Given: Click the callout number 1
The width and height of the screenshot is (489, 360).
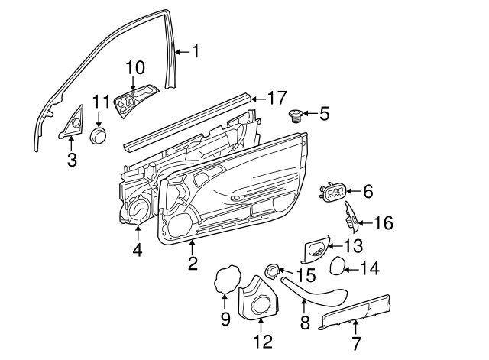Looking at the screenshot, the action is pyautogui.click(x=196, y=51).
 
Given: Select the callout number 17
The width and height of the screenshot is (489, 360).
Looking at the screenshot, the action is pyautogui.click(x=277, y=98).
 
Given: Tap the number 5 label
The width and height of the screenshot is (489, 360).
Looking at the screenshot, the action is pyautogui.click(x=324, y=114).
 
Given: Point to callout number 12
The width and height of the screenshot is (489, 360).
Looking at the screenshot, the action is pyautogui.click(x=263, y=341).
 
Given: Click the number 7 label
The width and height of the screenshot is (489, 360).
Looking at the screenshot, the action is pyautogui.click(x=356, y=343).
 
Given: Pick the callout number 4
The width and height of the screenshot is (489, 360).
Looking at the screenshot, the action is pyautogui.click(x=138, y=250).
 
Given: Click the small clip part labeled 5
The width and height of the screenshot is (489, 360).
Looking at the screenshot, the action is pyautogui.click(x=295, y=116).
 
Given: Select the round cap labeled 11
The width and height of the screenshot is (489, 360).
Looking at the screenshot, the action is pyautogui.click(x=99, y=135).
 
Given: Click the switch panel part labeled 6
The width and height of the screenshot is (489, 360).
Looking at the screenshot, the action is pyautogui.click(x=332, y=192).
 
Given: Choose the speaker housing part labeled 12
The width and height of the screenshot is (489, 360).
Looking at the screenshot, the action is pyautogui.click(x=258, y=298).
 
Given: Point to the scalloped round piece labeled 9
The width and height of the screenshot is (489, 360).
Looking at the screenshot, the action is pyautogui.click(x=228, y=279).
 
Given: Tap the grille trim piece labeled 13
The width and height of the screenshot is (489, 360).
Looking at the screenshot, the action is pyautogui.click(x=316, y=248).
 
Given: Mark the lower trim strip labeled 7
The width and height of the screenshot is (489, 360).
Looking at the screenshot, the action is pyautogui.click(x=354, y=313).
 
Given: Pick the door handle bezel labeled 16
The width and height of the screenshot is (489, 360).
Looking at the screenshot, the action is pyautogui.click(x=351, y=217).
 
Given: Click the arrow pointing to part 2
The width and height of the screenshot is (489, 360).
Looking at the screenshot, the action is pyautogui.click(x=193, y=248).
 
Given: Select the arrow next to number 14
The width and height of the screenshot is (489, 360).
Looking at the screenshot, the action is pyautogui.click(x=351, y=270).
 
